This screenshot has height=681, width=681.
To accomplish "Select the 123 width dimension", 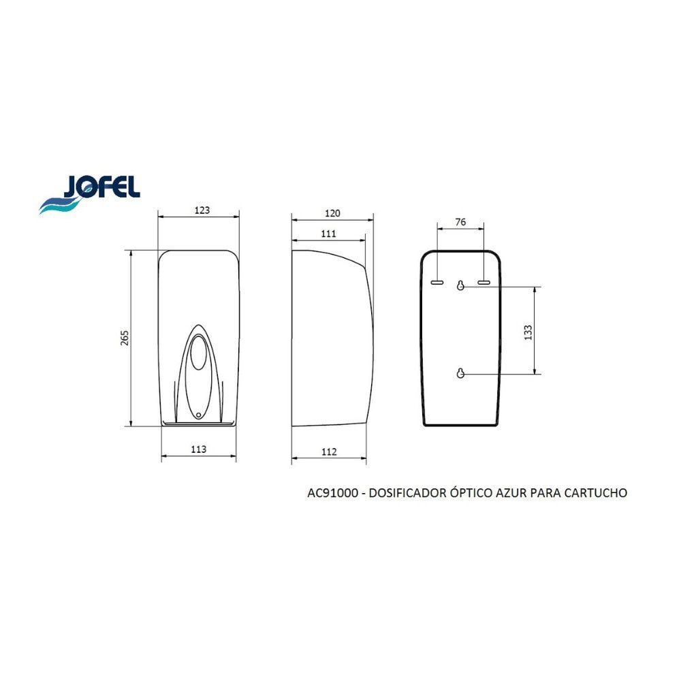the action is pos(202,210).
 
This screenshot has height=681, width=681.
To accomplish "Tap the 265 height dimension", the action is pos(125,338).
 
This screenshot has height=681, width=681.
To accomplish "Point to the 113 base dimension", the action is pos(198,449).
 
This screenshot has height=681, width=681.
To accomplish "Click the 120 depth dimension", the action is pos(332,213).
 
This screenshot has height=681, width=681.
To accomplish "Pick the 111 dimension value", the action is pos(328,234).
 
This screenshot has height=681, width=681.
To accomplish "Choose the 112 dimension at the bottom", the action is pos(329,452).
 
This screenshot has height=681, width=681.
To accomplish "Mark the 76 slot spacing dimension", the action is pos(460,222).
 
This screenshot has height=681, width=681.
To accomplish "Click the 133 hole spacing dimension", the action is pos(528,332).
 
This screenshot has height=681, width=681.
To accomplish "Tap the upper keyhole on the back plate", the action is pos(460,285).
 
